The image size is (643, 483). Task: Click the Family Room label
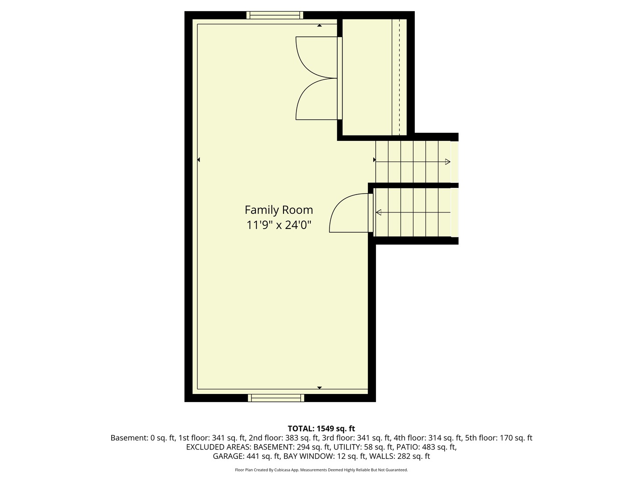pyautogui.click(x=279, y=210)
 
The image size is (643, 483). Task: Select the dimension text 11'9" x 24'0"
pyautogui.click(x=279, y=225)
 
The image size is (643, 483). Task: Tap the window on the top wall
pyautogui.click(x=275, y=15)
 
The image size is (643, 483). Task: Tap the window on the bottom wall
pyautogui.click(x=276, y=398)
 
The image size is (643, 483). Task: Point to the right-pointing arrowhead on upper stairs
pyautogui.click(x=447, y=161)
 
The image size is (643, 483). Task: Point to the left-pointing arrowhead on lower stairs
pyautogui.click(x=379, y=212)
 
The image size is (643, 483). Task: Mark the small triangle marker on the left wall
pyautogui.click(x=198, y=160)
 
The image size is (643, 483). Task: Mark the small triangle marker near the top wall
pyautogui.click(x=319, y=26)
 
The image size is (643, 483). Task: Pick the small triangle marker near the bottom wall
pyautogui.click(x=319, y=387)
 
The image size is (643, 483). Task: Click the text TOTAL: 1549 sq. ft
pyautogui.click(x=321, y=428)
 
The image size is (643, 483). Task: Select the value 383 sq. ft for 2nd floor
pyautogui.click(x=302, y=438)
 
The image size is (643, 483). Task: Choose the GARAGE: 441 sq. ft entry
pyautogui.click(x=246, y=457)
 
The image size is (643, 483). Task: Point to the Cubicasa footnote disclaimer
pyautogui.click(x=321, y=470)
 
